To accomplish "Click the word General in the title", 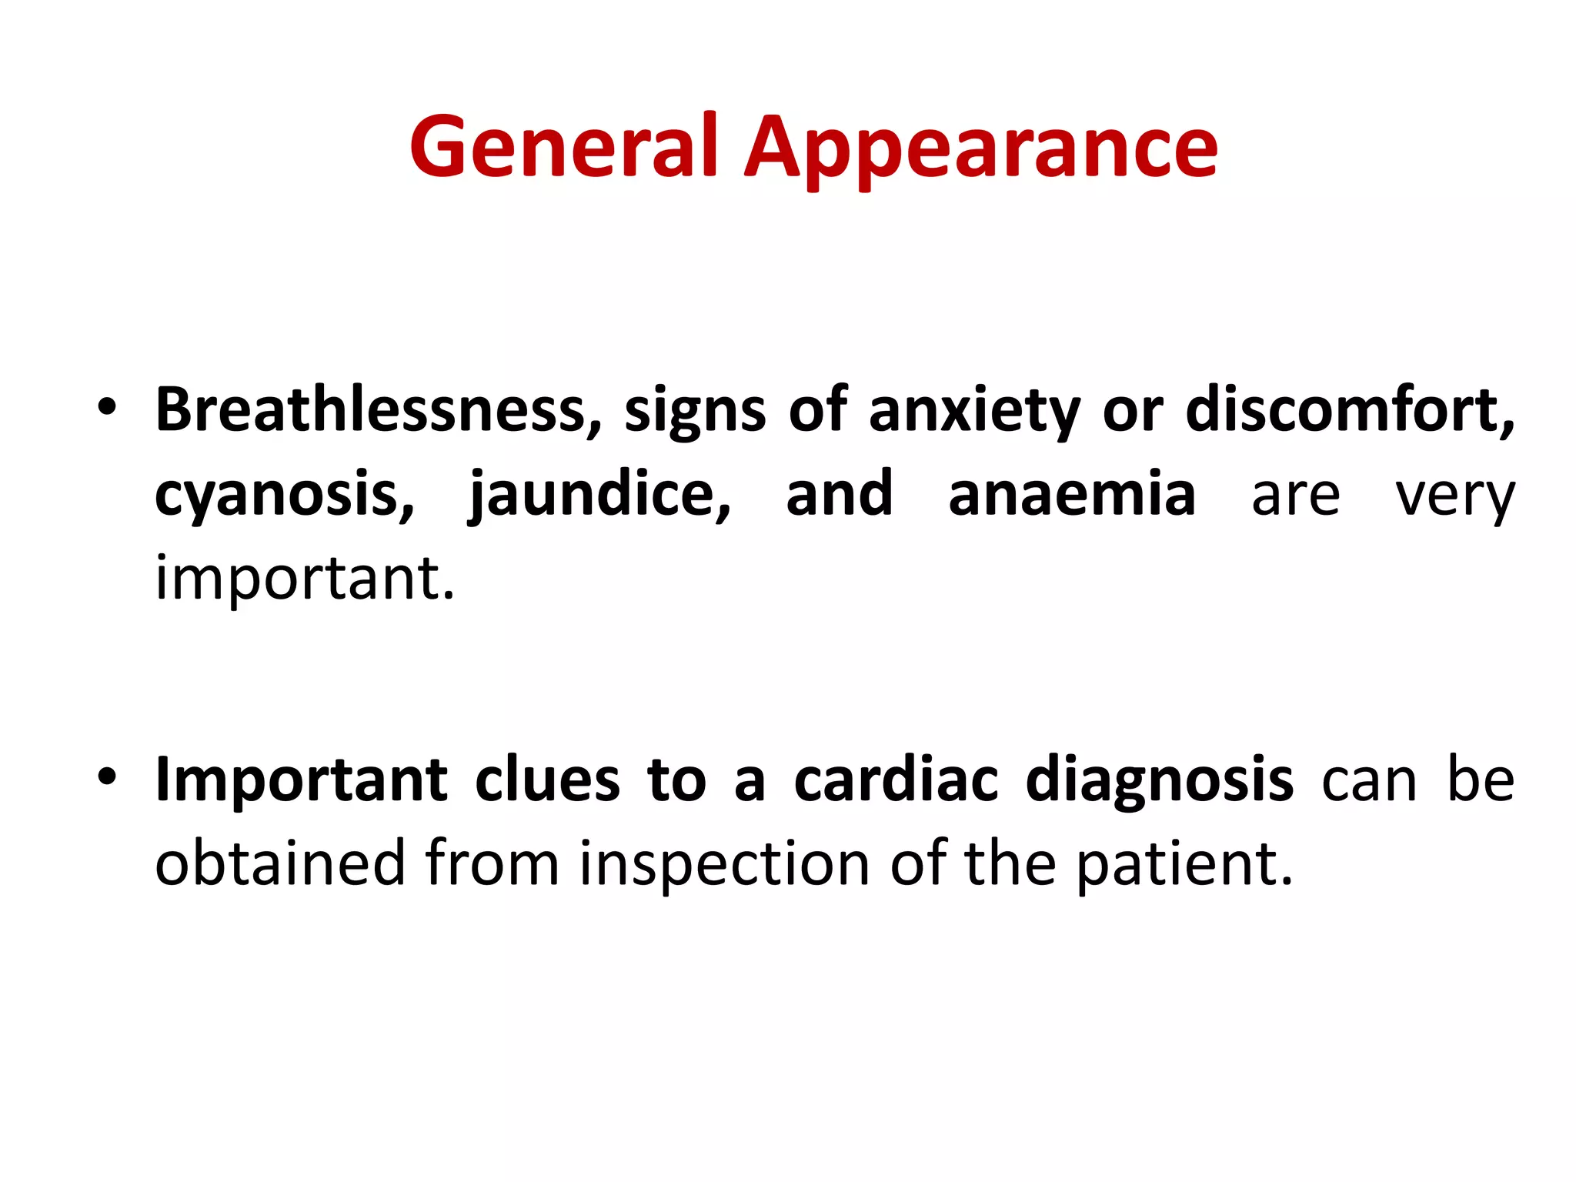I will [563, 146].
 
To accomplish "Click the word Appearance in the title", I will [981, 150].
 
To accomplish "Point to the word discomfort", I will [1349, 409].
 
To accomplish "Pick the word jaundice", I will [599, 495].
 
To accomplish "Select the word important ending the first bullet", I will [305, 579].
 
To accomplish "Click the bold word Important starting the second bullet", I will [301, 780].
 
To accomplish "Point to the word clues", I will [547, 780].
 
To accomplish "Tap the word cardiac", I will [896, 780].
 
